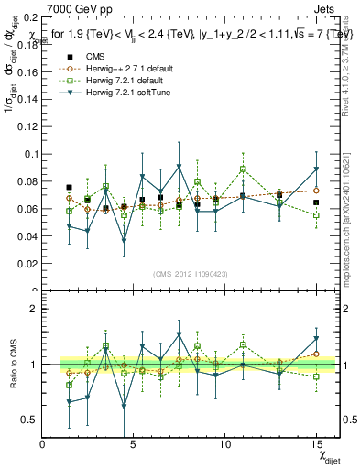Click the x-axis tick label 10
[225, 444]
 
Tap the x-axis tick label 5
[134, 444]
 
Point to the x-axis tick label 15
[316, 444]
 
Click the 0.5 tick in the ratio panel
[29, 420]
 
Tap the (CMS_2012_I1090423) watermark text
[190, 274]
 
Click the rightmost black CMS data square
[316, 202]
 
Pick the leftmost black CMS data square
[70, 187]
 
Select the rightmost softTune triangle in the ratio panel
[316, 339]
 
